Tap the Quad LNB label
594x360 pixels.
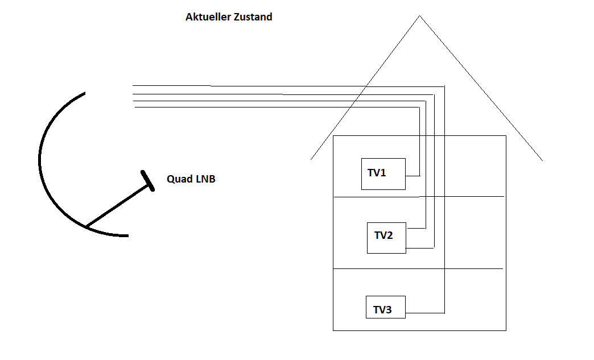pyautogui.click(x=191, y=179)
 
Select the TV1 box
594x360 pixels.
pyautogui.click(x=383, y=173)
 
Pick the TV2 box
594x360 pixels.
pyautogui.click(x=386, y=238)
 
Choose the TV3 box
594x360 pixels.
pyautogui.click(x=385, y=307)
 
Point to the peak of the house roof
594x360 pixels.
pyautogui.click(x=420, y=16)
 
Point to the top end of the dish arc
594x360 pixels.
pyautogui.click(x=84, y=93)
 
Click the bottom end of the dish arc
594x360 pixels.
pyautogui.click(x=127, y=235)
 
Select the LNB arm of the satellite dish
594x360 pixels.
pyautogui.click(x=117, y=206)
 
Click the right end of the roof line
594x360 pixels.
pyautogui.click(x=542, y=160)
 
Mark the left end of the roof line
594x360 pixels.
pyautogui.click(x=311, y=159)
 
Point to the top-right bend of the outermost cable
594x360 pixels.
pyautogui.click(x=444, y=86)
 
